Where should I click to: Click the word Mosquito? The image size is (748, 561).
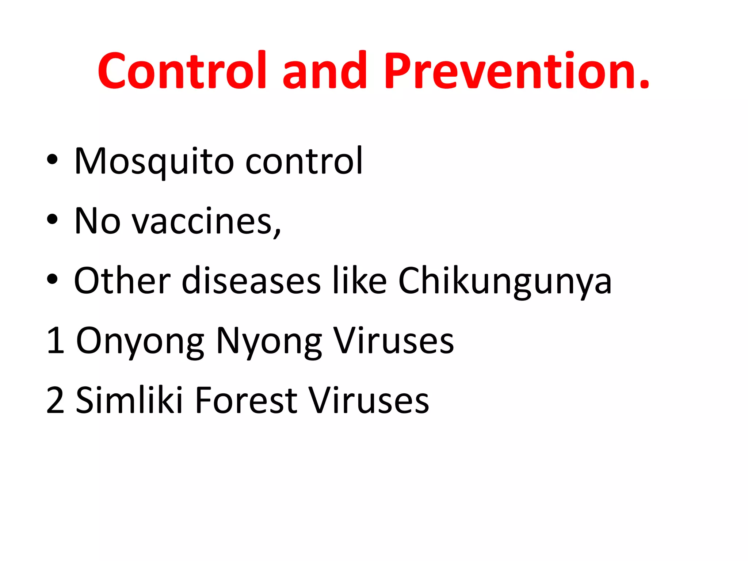point(154,161)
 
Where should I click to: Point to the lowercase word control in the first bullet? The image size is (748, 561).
point(304,161)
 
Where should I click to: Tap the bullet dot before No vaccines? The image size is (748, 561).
point(52,219)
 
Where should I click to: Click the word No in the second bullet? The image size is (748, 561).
point(97,221)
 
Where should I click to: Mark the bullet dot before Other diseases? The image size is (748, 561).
point(52,279)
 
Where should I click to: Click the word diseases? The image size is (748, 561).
point(251,280)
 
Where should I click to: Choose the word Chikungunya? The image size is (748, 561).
point(504,280)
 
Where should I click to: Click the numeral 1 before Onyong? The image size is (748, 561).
point(56,340)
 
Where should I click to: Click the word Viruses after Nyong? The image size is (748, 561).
point(394,340)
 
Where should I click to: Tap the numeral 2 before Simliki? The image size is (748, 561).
point(56,400)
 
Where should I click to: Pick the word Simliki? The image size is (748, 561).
point(129,400)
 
